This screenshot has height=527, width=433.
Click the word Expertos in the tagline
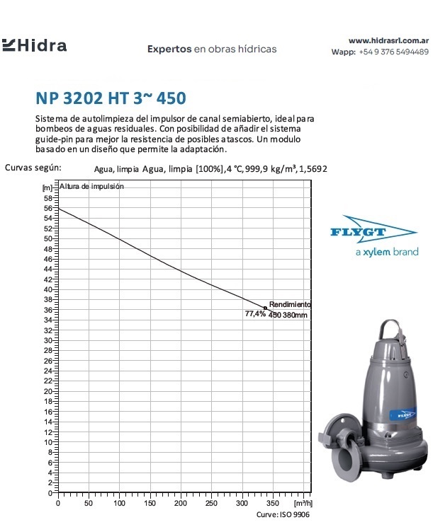[x=169, y=50]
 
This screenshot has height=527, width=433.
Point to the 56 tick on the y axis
[x=47, y=209]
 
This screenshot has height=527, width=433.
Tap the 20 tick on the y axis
[x=47, y=391]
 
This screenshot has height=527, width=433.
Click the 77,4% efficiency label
[x=254, y=313]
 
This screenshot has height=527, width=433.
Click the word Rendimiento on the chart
[x=290, y=303]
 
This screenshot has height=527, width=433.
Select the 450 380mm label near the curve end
[x=288, y=315]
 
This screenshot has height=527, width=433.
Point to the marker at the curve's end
[x=266, y=308]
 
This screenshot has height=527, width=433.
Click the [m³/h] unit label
[x=301, y=503]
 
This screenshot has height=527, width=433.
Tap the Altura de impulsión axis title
[x=91, y=187]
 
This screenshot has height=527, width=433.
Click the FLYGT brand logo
[x=373, y=230]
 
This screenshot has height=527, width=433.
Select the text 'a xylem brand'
[x=386, y=252]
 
